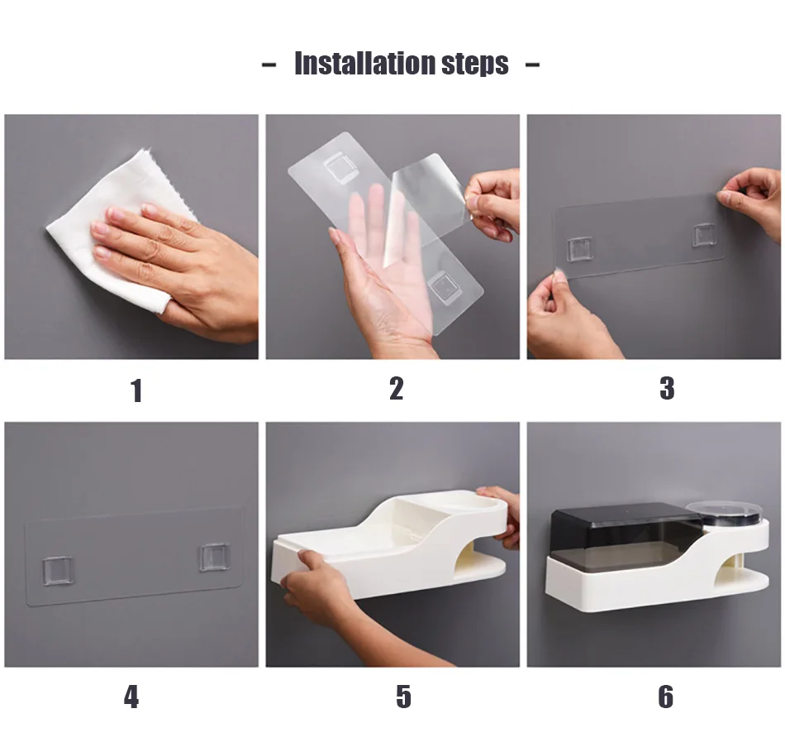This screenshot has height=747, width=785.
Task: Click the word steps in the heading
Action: coord(474,65)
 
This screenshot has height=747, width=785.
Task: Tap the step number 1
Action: coord(136,390)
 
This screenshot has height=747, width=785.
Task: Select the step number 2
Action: coord(396,389)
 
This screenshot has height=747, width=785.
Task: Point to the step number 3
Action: coord(667,389)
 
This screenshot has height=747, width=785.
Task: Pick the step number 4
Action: coord(131,697)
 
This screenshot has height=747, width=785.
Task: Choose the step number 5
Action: coord(403,697)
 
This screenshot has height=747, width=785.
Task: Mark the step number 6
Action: coord(665,697)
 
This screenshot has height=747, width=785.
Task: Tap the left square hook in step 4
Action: coord(58,571)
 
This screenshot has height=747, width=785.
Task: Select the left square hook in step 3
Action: coord(580,249)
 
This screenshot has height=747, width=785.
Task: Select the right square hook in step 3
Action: coord(704,235)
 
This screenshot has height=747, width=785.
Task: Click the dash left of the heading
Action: coord(269,65)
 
